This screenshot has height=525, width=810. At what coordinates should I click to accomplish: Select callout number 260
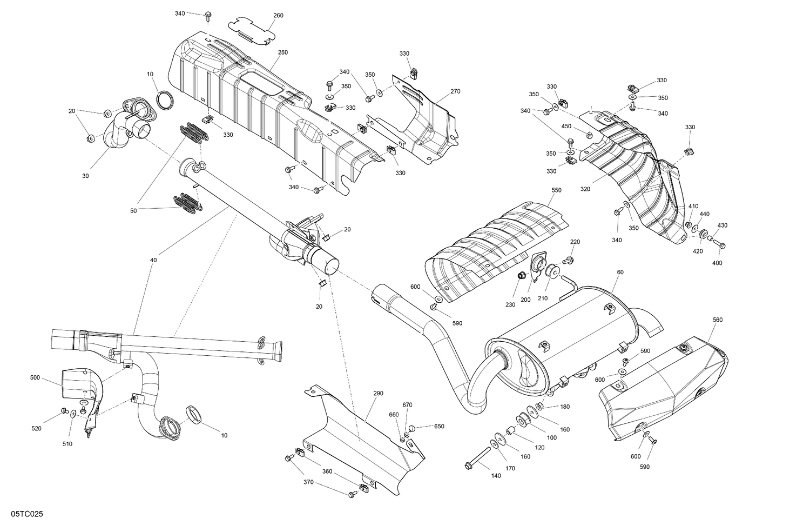tap(278, 16)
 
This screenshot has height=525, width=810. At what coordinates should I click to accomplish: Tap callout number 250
tap(282, 52)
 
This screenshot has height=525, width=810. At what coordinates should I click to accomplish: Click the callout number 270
tap(455, 91)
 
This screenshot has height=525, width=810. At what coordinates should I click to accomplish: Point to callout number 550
tap(556, 191)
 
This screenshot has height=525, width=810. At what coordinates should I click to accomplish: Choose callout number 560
tap(717, 320)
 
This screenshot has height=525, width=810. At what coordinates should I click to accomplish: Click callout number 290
tap(378, 393)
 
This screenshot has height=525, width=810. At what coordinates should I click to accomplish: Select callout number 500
tap(35, 378)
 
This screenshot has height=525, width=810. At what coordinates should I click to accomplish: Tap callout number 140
tap(496, 476)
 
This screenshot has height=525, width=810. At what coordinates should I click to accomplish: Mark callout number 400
tap(717, 263)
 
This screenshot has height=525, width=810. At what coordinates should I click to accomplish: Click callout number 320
tap(585, 189)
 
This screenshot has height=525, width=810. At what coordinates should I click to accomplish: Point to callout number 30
tap(85, 176)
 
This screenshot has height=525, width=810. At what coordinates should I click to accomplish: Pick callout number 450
tap(566, 126)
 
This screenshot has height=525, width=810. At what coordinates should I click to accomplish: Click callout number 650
tap(439, 426)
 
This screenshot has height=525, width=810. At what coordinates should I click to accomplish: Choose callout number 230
tap(511, 304)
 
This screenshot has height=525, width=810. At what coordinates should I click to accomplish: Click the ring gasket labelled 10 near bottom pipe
tap(194, 415)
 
